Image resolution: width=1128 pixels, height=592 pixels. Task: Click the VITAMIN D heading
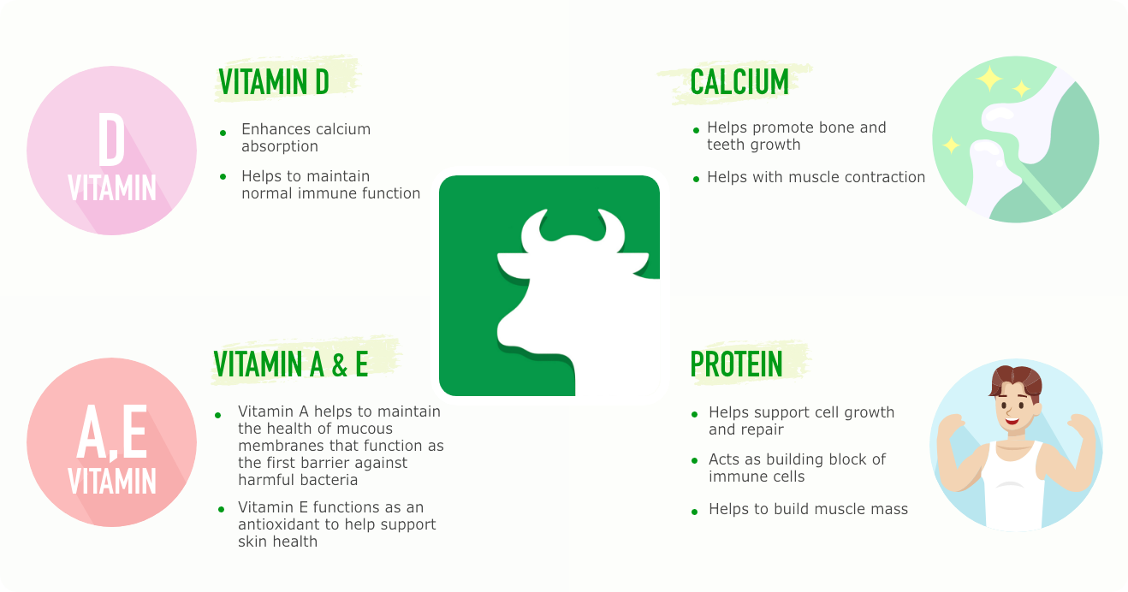pyautogui.click(x=274, y=81)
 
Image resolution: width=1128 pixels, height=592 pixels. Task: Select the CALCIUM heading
pyautogui.click(x=739, y=81)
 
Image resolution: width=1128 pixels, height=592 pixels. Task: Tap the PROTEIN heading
pyautogui.click(x=736, y=364)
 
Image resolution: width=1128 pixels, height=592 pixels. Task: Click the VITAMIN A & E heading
pyautogui.click(x=291, y=364)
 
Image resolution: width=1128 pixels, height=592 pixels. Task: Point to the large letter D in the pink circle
pyautogui.click(x=111, y=139)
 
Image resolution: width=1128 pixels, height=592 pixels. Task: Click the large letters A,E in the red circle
pyautogui.click(x=112, y=432)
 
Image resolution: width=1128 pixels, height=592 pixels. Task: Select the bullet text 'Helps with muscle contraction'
pyautogui.click(x=816, y=177)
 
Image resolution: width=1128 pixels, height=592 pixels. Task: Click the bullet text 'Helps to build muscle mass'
pyautogui.click(x=808, y=509)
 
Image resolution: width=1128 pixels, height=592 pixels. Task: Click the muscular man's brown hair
pyautogui.click(x=1016, y=381)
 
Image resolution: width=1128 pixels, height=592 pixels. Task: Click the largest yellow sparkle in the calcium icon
pyautogui.click(x=989, y=79)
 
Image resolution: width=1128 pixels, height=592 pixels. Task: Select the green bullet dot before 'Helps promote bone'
pyautogui.click(x=696, y=130)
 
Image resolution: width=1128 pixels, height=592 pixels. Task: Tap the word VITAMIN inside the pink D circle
pyautogui.click(x=112, y=187)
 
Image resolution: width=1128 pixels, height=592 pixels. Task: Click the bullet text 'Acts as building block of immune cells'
pyautogui.click(x=797, y=468)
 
